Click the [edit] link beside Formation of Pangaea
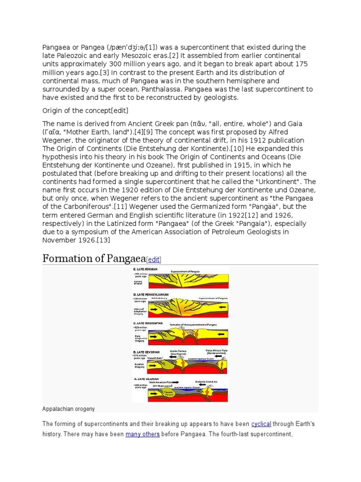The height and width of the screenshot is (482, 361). [153, 259]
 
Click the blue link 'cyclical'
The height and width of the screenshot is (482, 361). [261, 424]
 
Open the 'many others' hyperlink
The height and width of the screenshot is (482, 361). [142, 434]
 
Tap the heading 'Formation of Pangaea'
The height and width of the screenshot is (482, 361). [94, 258]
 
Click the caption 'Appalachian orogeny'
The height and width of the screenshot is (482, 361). [68, 409]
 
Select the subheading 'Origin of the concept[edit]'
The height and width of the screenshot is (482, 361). [86, 110]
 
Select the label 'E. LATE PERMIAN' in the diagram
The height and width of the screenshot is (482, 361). [146, 269]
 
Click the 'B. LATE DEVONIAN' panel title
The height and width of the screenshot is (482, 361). [147, 352]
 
